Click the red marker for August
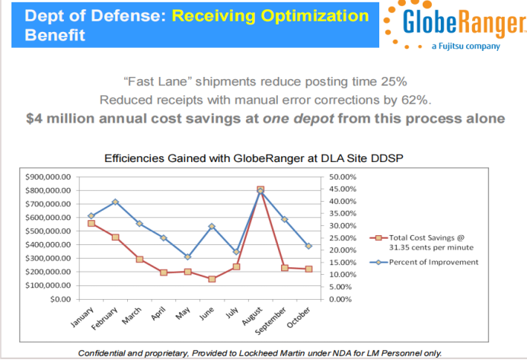[260, 189]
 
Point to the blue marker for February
[115, 202]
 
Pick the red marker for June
[212, 279]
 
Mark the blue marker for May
[187, 256]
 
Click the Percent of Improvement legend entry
[433, 262]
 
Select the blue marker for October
[308, 245]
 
